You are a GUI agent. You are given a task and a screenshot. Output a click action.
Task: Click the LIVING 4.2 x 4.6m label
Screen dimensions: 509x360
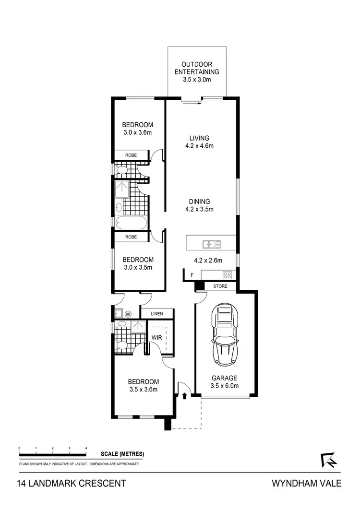pyautogui.click(x=199, y=142)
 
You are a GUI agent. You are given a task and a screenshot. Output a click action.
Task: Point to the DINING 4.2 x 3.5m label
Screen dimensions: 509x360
pyautogui.click(x=199, y=205)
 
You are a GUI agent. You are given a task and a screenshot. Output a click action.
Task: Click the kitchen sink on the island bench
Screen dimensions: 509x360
pyautogui.click(x=211, y=244)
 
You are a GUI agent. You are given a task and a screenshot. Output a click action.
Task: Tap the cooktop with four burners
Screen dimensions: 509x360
pyautogui.click(x=228, y=275)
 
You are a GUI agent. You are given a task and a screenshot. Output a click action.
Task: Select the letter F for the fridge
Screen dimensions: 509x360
pyautogui.click(x=192, y=275)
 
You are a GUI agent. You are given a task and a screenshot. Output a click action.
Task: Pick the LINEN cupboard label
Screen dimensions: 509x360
pyautogui.click(x=157, y=314)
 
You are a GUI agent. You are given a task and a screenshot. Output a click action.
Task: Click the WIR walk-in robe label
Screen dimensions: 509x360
pyautogui.click(x=157, y=338)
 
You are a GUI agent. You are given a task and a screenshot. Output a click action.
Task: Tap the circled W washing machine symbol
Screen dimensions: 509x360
pyautogui.click(x=128, y=314)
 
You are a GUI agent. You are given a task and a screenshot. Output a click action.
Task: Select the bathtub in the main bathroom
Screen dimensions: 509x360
pyautogui.click(x=131, y=223)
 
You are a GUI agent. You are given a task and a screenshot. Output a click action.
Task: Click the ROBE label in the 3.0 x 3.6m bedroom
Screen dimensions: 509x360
pyautogui.click(x=131, y=155)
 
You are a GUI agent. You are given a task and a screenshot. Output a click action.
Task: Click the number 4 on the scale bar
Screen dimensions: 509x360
pyautogui.click(x=86, y=448)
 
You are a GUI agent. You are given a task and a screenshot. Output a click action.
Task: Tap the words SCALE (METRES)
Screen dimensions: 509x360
pyautogui.click(x=122, y=454)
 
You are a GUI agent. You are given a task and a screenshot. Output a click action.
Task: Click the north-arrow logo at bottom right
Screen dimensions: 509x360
pyautogui.click(x=328, y=460)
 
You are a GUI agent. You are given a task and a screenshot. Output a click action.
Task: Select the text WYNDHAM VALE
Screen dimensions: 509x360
pyautogui.click(x=306, y=483)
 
